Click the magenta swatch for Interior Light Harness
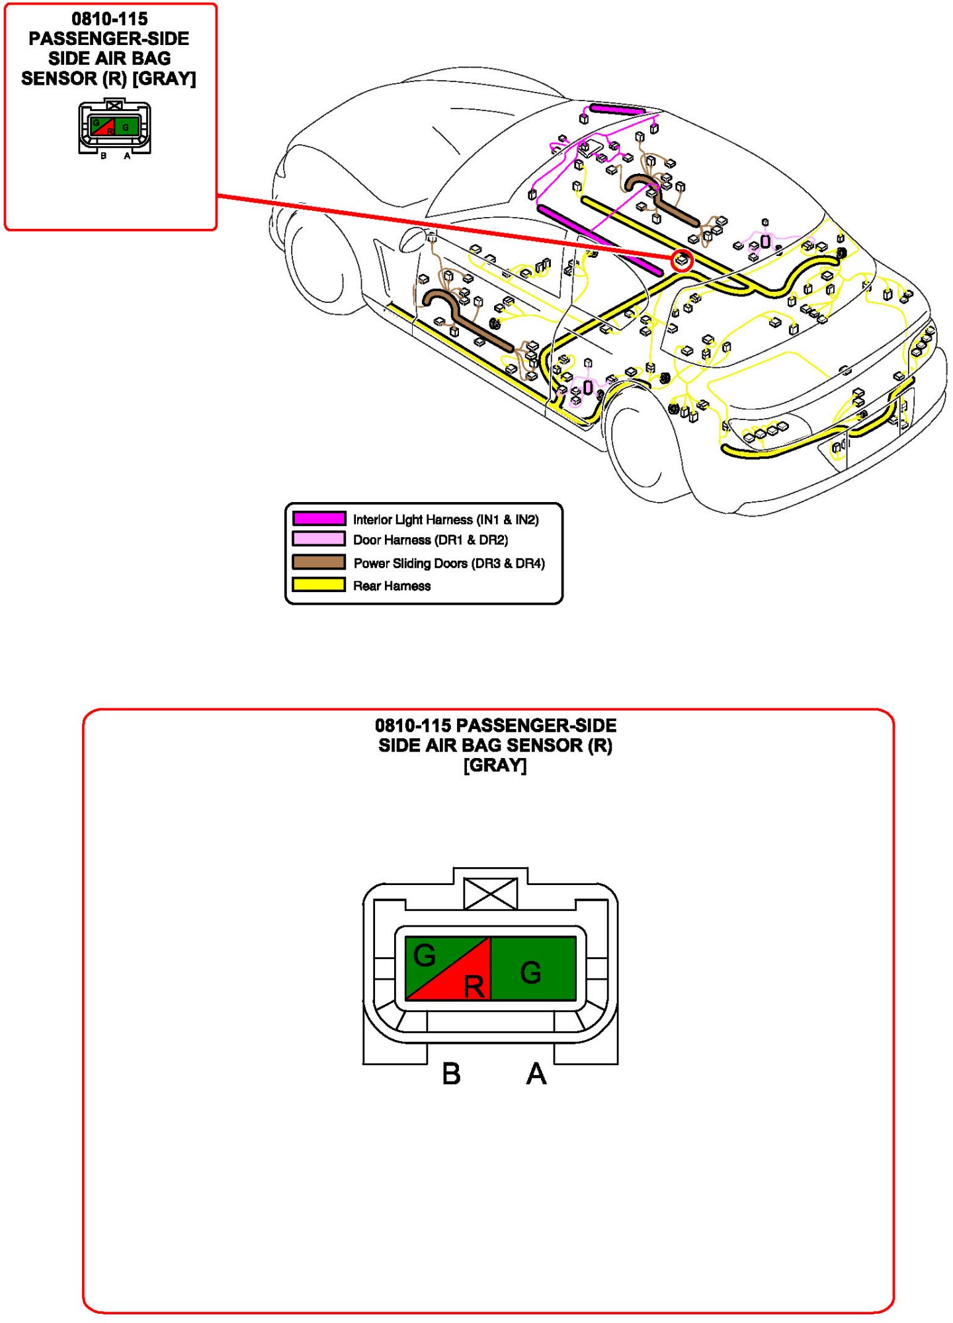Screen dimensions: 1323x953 pyautogui.click(x=319, y=519)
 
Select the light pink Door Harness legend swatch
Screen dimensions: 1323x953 pyautogui.click(x=319, y=539)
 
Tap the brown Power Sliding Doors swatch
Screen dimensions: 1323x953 pyautogui.click(x=319, y=562)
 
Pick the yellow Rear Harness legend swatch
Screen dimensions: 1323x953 pyautogui.click(x=319, y=585)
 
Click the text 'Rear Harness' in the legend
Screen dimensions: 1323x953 pyautogui.click(x=392, y=586)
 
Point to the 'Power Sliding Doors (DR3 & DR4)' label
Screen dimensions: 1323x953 pyautogui.click(x=449, y=564)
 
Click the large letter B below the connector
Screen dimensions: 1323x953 pyautogui.click(x=451, y=1074)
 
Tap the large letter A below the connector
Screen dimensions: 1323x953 pyautogui.click(x=536, y=1074)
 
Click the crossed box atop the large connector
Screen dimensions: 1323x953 pyautogui.click(x=491, y=894)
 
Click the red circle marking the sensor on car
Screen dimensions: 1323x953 pyautogui.click(x=683, y=260)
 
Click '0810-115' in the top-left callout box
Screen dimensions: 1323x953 pyautogui.click(x=110, y=19)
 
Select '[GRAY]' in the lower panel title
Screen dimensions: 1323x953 pyautogui.click(x=495, y=765)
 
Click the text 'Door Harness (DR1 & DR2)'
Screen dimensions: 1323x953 pyautogui.click(x=431, y=540)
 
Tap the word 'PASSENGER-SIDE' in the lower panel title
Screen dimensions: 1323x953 pyautogui.click(x=536, y=726)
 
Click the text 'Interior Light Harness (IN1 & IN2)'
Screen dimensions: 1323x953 pyautogui.click(x=446, y=520)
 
